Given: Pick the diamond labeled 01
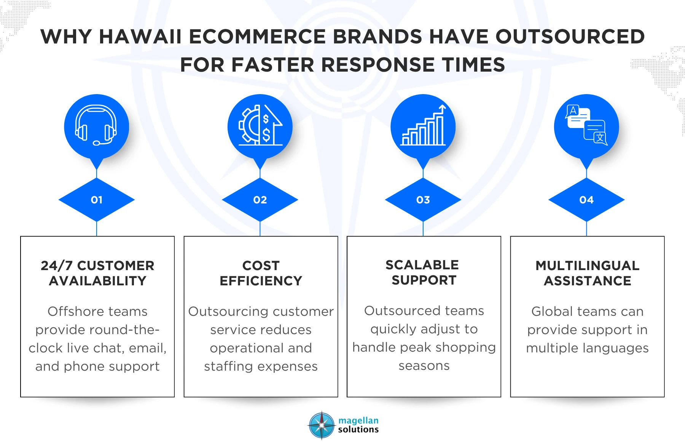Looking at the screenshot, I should click(x=97, y=200).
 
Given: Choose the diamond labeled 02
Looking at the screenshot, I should click(x=260, y=200).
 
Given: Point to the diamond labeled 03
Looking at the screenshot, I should click(x=423, y=200).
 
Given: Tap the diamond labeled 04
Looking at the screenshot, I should click(x=586, y=200).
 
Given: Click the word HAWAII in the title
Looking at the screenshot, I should click(x=140, y=37).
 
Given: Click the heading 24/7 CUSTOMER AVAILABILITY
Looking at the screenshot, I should click(x=97, y=273).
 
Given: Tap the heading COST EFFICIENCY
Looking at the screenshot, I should click(x=261, y=273).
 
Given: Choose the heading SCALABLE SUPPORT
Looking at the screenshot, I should click(x=423, y=272).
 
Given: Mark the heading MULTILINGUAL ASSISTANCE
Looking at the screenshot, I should click(x=587, y=273).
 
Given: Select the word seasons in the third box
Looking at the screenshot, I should click(x=424, y=366).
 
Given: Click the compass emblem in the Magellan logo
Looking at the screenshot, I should click(x=322, y=425).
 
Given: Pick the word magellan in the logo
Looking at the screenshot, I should click(x=358, y=421).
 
